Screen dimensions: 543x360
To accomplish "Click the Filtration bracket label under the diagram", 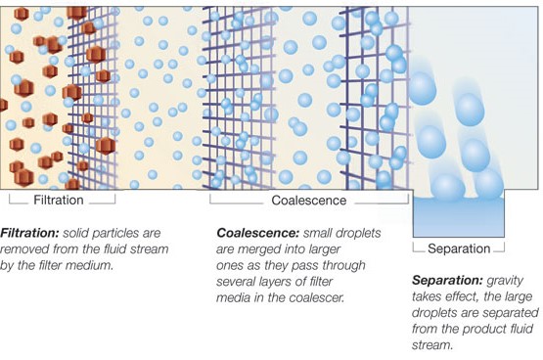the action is point(59,201).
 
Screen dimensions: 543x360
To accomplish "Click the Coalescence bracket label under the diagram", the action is point(309,201).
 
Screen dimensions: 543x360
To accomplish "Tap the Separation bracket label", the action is point(459,248).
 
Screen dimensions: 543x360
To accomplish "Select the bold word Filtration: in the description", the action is point(29,233).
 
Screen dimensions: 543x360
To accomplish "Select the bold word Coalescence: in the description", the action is point(257,233).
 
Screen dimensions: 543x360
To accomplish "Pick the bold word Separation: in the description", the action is point(447,280).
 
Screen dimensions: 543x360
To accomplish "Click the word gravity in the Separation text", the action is point(505,281).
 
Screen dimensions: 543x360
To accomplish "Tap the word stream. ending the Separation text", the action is point(432,345).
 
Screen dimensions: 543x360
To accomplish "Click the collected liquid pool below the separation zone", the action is point(459,217).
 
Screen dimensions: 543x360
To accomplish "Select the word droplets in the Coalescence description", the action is point(359,233).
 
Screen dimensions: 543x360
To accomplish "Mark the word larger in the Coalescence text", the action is point(323,249).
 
